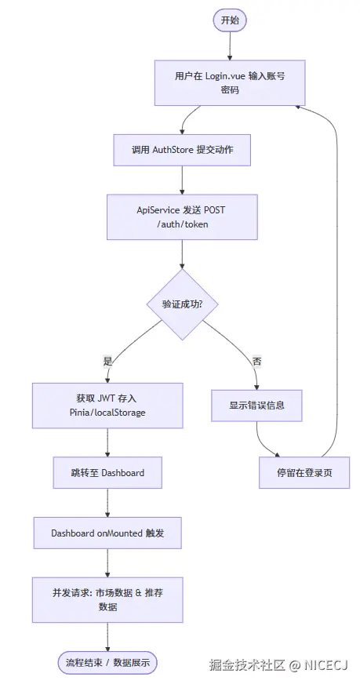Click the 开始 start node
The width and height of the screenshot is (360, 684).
(230, 20)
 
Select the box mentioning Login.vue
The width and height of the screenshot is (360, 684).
(230, 83)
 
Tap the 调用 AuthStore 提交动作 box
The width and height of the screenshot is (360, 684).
(182, 149)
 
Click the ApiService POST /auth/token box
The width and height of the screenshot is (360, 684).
(182, 217)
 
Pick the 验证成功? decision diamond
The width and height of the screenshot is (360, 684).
(182, 304)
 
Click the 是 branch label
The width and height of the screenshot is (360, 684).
(108, 362)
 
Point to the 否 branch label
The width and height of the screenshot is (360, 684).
(256, 362)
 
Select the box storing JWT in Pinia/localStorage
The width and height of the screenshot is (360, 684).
(107, 406)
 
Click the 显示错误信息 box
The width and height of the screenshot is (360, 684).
(257, 406)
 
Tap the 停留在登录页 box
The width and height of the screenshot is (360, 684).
(304, 472)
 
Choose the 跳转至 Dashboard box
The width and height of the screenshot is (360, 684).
(107, 472)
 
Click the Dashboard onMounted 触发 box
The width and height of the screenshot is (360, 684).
(107, 533)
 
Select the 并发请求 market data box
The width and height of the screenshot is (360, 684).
(107, 600)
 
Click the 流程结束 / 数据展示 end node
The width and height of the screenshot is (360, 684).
(107, 662)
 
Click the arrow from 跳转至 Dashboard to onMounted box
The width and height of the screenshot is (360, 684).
(107, 503)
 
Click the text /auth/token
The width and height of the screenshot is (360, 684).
(182, 224)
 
